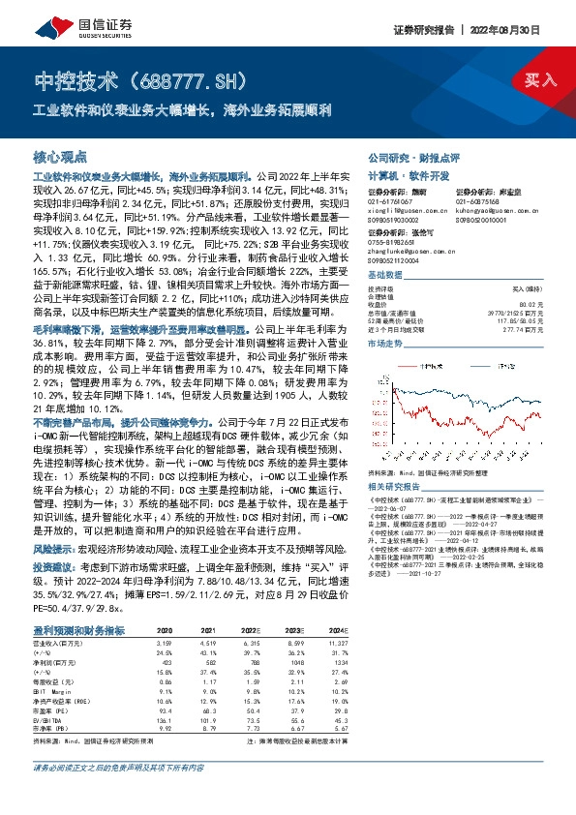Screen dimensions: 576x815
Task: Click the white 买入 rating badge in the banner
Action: click(540, 80)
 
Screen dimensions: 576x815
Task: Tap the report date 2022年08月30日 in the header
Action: click(528, 29)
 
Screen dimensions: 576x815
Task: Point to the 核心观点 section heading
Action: click(60, 156)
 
